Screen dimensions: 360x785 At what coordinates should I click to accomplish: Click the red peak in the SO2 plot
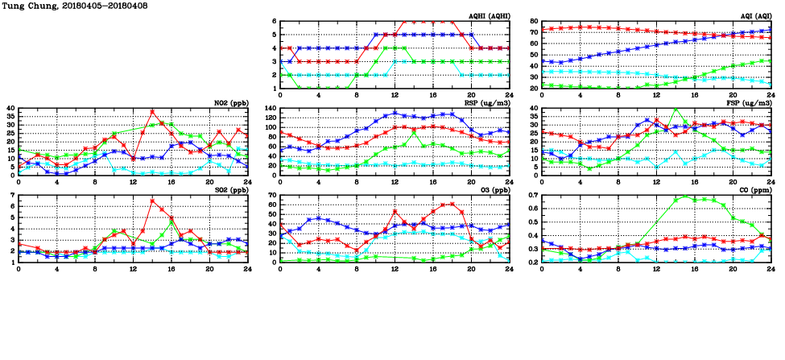[x=153, y=201]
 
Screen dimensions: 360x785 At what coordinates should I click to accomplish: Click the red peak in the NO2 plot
[x=153, y=112]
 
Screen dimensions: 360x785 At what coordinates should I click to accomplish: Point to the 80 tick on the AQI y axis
[x=534, y=22]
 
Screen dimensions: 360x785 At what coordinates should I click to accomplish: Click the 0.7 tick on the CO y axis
[x=532, y=196]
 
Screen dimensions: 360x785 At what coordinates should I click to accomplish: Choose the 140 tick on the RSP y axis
[x=268, y=109]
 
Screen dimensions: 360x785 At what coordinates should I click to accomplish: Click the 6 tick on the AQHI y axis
[x=274, y=22]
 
